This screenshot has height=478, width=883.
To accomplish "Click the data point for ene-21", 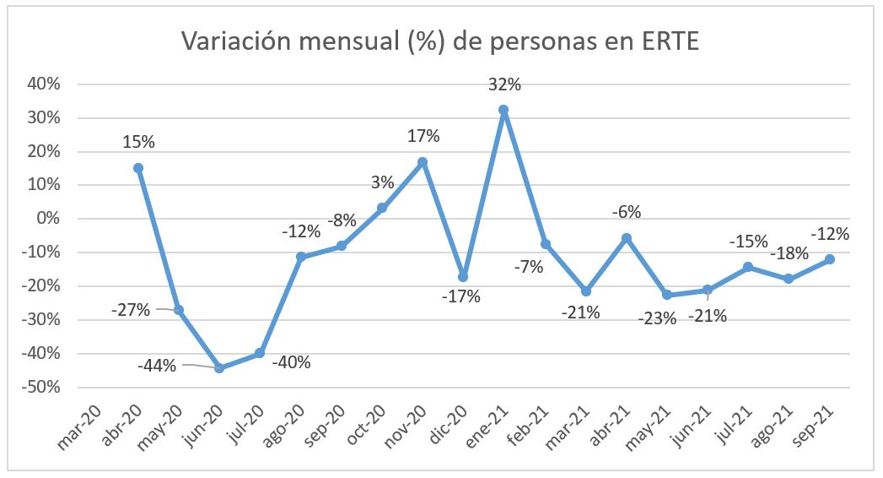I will tap(503, 110).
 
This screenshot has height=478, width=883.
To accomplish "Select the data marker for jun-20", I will tap(219, 368).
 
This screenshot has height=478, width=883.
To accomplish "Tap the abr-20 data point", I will tap(138, 168).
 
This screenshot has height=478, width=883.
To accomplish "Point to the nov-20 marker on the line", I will tap(423, 162).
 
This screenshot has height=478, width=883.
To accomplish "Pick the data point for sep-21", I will tap(829, 259).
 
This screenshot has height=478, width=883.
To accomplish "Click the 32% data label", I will tap(504, 84).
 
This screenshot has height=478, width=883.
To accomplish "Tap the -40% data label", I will tap(292, 363).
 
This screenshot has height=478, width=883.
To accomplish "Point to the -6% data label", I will tap(627, 212).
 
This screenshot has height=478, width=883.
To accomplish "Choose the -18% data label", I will tap(790, 253).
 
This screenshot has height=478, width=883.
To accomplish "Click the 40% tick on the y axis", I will tap(44, 84).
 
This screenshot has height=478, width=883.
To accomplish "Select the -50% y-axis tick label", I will tap(41, 388).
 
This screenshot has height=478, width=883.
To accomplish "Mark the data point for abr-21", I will tap(626, 238).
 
